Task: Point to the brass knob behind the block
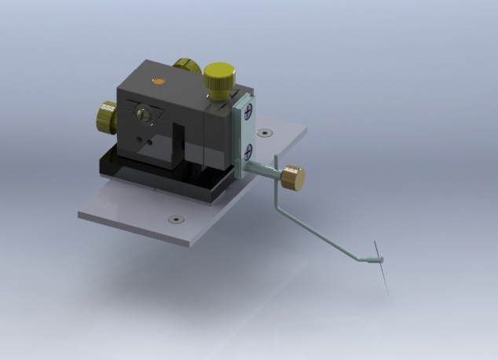(x=187, y=65)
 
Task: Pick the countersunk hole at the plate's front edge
(x=175, y=219)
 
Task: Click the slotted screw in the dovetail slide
(x=145, y=115)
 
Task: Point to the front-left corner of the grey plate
(x=79, y=214)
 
